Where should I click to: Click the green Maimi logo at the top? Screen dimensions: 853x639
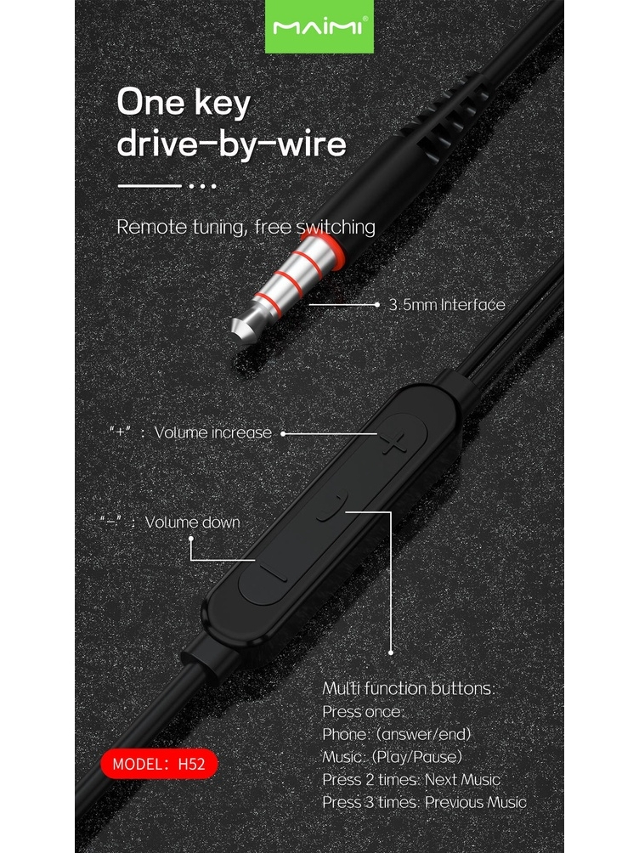[319, 26]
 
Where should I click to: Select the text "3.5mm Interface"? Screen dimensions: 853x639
[447, 305]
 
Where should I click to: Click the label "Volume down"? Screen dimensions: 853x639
[192, 523]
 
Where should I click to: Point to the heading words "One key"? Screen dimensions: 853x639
[184, 103]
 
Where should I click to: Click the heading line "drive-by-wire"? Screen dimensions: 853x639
[231, 143]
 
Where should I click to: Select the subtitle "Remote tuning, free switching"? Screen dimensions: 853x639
[246, 227]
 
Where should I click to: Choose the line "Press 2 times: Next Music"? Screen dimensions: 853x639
[411, 779]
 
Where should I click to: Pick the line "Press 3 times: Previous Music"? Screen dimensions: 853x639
[424, 802]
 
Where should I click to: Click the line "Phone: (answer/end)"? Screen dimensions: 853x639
[397, 733]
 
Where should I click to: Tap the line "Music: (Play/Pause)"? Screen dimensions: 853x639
[393, 756]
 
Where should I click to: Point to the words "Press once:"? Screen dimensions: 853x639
[364, 711]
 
